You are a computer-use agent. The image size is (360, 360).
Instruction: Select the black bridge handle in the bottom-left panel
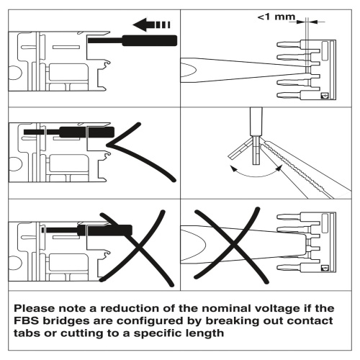(104, 230)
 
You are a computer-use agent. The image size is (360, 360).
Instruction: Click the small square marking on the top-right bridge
(325, 94)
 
